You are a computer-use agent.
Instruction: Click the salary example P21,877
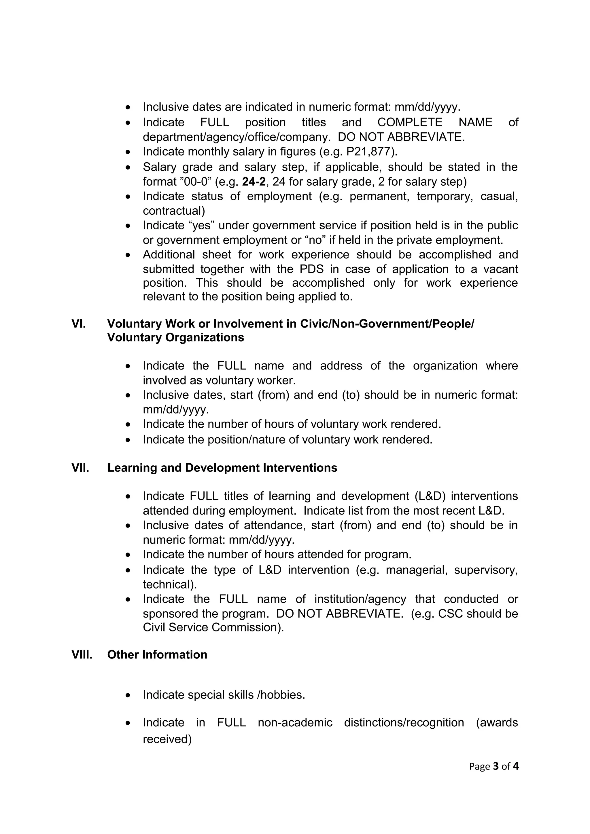tap(369, 151)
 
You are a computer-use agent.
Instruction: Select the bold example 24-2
tap(254, 181)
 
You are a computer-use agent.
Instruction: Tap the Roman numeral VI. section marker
tap(79, 324)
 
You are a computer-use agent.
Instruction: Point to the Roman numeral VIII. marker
tap(82, 654)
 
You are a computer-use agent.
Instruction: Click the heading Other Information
tap(157, 654)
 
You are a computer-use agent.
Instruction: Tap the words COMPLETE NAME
tap(435, 122)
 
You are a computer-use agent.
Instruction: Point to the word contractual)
tap(174, 211)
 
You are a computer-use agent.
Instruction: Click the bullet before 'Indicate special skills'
tap(128, 695)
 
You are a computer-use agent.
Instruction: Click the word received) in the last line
tap(167, 739)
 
